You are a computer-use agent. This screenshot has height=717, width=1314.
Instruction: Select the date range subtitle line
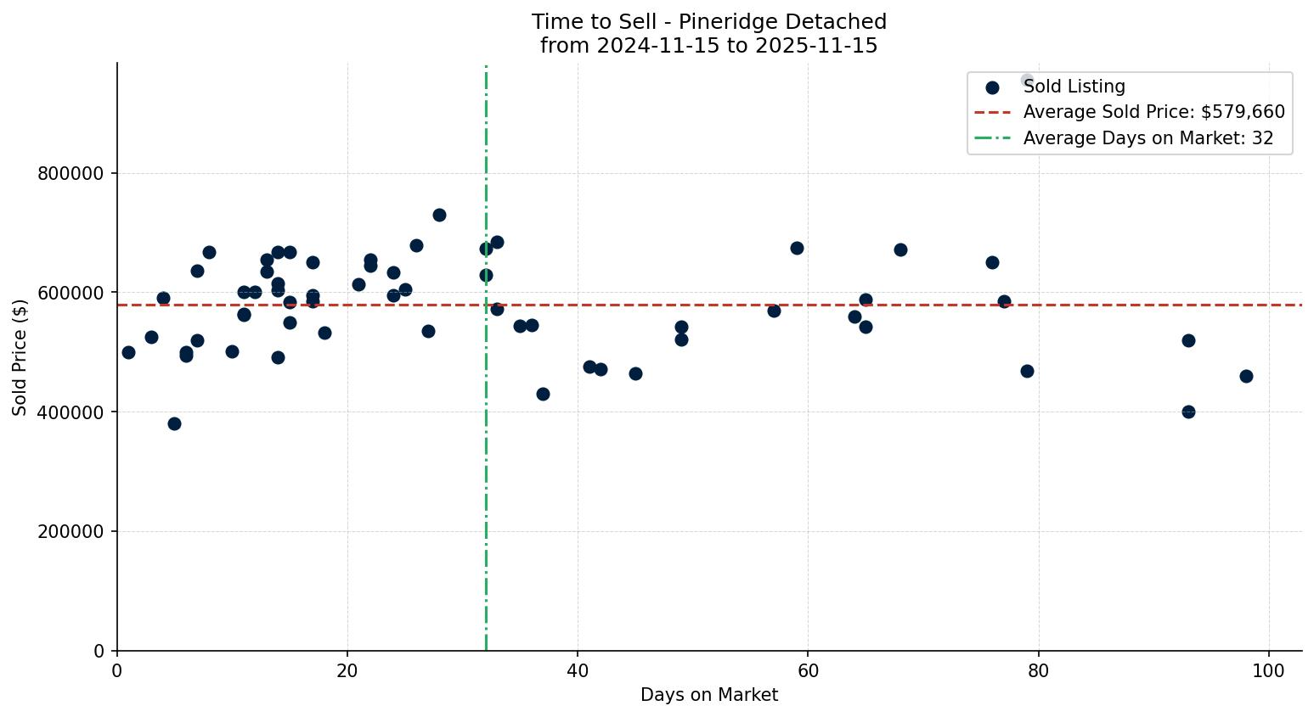click(x=708, y=46)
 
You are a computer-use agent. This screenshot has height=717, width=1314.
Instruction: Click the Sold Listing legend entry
click(x=1074, y=87)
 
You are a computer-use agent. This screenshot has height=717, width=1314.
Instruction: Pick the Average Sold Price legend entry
click(x=1153, y=112)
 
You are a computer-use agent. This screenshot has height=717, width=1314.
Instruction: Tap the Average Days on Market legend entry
click(x=1148, y=138)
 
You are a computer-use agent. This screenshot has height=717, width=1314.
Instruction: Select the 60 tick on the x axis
click(x=808, y=670)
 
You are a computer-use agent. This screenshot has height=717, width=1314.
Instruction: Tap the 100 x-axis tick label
click(x=1268, y=670)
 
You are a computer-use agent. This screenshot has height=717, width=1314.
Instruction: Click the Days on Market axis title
click(x=708, y=696)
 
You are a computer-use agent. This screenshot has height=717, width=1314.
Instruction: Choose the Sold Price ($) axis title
click(x=20, y=356)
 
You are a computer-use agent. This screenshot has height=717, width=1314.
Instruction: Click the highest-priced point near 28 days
click(x=439, y=215)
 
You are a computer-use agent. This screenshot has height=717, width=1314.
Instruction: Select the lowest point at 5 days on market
click(x=174, y=423)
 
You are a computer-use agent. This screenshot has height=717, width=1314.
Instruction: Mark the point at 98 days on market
click(x=1246, y=376)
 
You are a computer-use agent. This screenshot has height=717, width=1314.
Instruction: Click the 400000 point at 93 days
click(x=1188, y=412)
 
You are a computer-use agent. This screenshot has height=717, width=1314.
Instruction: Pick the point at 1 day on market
click(x=128, y=352)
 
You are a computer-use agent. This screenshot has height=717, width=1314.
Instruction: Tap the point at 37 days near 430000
click(x=543, y=394)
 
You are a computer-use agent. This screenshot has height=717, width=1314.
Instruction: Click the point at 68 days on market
click(x=900, y=249)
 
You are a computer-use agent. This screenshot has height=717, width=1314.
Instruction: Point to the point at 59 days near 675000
click(x=797, y=248)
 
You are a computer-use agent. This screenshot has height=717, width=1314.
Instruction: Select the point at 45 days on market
click(x=635, y=373)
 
